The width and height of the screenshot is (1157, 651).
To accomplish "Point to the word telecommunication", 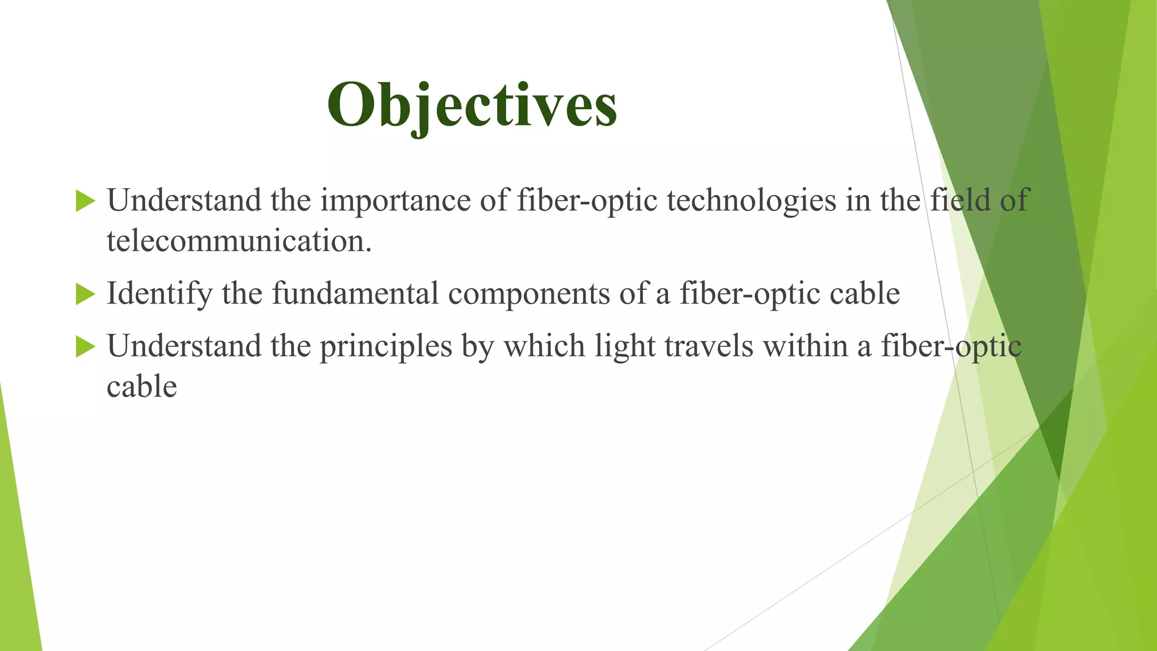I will pos(239,241).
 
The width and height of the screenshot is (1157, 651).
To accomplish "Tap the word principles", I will pos(386,346).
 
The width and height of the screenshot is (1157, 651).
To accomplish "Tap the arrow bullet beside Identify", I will pos(85,294).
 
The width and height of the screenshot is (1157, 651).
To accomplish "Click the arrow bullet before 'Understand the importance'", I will pos(85,201).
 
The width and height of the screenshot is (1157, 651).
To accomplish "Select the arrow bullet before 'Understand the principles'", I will pos(85,346).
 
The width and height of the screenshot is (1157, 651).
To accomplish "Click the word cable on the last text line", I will pos(142,387).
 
